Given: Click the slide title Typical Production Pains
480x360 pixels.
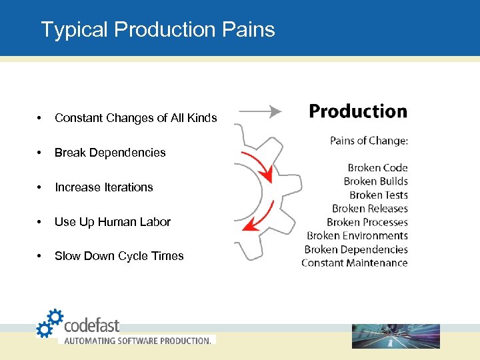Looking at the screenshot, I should (157, 29).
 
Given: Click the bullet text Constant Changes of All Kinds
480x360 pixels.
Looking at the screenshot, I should (135, 118).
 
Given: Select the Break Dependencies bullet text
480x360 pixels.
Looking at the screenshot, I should (110, 153).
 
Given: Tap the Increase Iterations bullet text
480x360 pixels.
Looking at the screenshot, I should (103, 187).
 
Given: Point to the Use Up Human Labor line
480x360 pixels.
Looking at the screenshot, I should (113, 222).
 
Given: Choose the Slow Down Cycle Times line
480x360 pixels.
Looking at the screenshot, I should (119, 256).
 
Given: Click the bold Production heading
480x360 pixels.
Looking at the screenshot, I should (358, 111).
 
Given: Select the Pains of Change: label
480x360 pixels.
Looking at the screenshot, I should (369, 141).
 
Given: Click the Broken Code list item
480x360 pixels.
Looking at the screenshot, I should (377, 168).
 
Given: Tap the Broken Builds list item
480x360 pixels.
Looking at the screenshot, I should (375, 181).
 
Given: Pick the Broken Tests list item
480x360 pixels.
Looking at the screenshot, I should (378, 195).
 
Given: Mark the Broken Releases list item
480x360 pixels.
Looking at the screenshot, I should (369, 209).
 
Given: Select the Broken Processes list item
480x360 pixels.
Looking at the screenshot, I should (367, 222).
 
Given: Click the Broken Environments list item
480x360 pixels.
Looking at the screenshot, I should (357, 235).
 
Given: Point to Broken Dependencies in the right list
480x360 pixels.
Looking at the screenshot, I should (356, 249).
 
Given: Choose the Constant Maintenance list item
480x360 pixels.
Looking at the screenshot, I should (354, 263).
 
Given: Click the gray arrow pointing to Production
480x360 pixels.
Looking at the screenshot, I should (259, 111).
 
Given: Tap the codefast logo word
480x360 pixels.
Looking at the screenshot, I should (91, 325).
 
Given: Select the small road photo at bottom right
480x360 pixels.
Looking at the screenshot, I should (395, 336).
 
